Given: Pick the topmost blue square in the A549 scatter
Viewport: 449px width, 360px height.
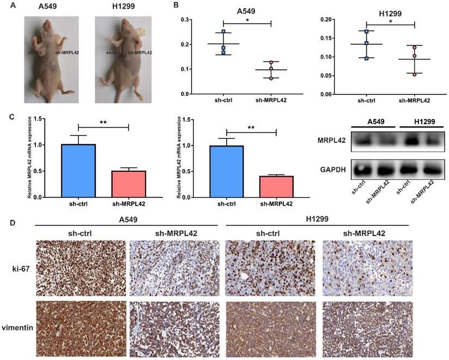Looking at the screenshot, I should coord(223,32).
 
